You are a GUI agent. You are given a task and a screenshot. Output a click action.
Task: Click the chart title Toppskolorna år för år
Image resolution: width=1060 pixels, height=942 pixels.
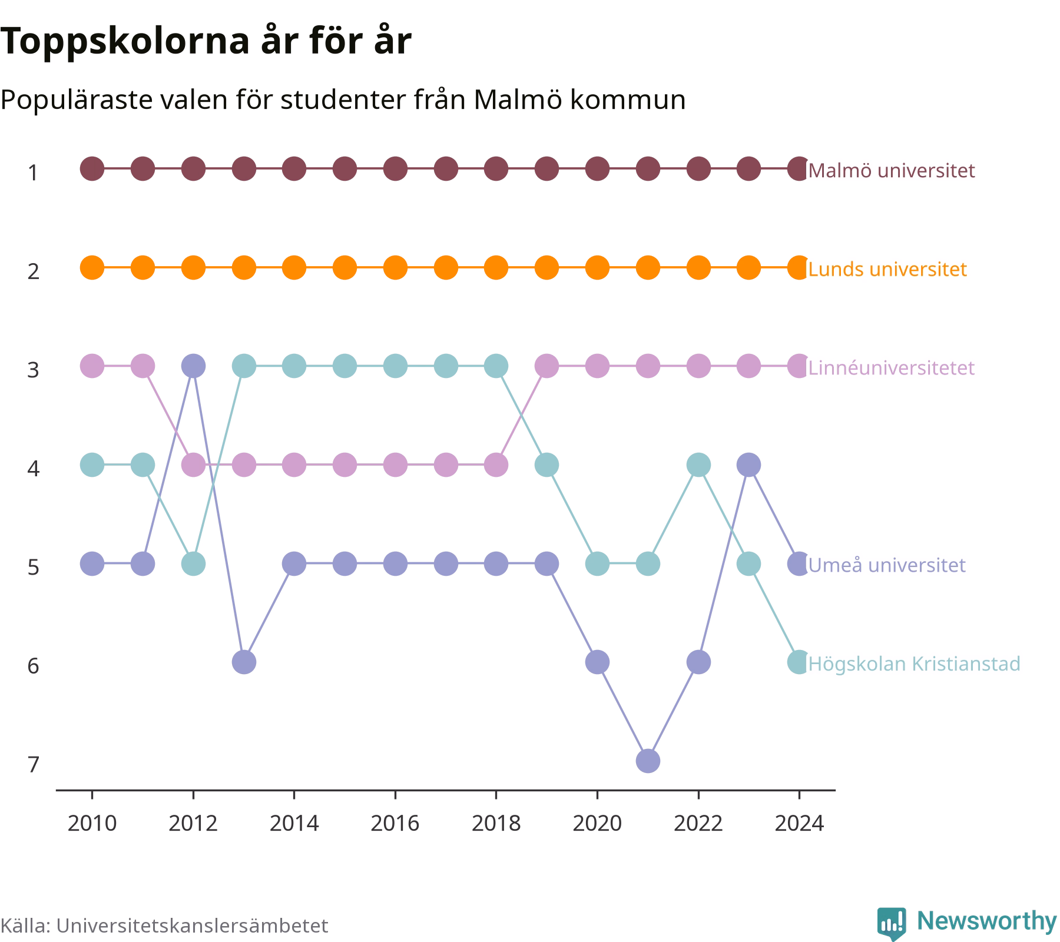[x=206, y=42]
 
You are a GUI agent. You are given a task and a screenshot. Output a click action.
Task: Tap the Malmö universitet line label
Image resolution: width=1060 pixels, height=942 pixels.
[x=892, y=171]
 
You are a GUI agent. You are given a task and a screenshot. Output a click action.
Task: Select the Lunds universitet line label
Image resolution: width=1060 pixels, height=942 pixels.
[x=887, y=269]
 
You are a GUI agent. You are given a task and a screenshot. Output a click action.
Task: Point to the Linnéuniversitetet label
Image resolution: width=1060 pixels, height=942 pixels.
[x=892, y=368]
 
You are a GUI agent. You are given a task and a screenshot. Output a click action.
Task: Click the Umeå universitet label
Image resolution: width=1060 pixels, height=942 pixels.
[x=887, y=565]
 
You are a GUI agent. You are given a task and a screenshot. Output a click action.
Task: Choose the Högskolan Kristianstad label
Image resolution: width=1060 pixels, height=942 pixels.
[x=914, y=664]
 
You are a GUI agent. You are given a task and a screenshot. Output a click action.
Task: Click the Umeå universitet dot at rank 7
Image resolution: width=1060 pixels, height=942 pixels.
[x=648, y=761]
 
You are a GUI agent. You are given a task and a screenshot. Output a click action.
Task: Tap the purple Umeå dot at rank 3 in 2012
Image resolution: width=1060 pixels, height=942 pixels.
[x=193, y=366]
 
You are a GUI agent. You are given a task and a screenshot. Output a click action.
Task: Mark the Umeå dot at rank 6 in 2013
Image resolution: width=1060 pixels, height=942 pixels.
[x=244, y=662]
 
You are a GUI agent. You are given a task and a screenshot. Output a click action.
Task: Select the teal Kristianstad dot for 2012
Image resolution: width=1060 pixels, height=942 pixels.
[x=193, y=564]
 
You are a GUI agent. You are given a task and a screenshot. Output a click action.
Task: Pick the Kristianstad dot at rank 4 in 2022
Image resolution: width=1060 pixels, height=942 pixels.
[x=698, y=465]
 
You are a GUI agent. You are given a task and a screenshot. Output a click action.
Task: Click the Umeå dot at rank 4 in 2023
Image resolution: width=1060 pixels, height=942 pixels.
[x=748, y=465]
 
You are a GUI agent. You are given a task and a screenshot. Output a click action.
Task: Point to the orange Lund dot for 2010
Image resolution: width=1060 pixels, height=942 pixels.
[x=92, y=268]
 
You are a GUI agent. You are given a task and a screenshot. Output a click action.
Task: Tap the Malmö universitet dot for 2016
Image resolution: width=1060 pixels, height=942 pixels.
[x=395, y=169]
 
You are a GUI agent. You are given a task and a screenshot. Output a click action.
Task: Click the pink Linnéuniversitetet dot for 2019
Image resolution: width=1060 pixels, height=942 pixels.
[x=546, y=366]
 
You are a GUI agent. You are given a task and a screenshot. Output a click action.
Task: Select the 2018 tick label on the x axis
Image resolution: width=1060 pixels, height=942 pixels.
[x=496, y=824]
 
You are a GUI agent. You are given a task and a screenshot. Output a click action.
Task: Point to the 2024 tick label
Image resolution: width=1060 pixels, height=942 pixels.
[x=799, y=824]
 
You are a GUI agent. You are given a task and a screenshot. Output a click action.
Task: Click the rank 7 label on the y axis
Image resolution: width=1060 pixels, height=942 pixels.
[x=34, y=765]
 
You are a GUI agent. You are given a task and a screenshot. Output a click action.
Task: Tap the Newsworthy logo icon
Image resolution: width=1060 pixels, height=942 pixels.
[x=892, y=924]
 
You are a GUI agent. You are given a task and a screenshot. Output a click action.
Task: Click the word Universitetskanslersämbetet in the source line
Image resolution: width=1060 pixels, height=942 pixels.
[x=192, y=926]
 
